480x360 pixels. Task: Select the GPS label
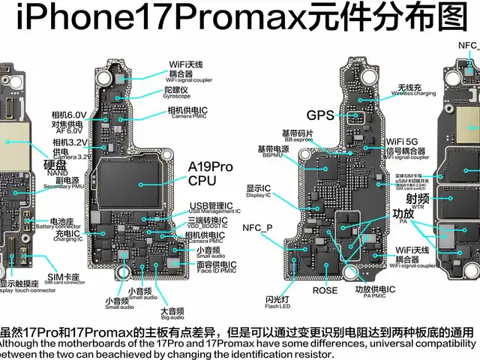click(320, 115)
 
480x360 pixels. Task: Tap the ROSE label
click(325, 290)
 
